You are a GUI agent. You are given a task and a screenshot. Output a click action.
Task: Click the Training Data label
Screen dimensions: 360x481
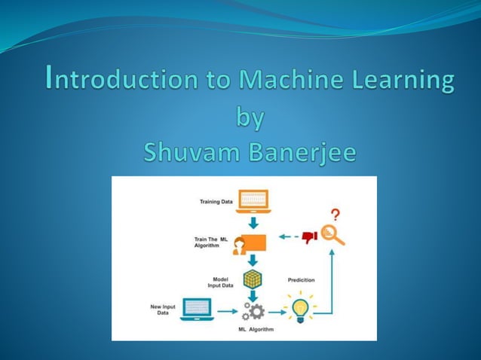click(x=216, y=202)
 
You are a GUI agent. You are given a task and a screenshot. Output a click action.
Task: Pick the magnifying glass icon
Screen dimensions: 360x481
click(x=332, y=235)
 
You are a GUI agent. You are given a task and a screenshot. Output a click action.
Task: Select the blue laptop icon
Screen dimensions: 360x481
click(x=198, y=309)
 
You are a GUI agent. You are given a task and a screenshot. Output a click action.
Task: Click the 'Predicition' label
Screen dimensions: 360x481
click(x=301, y=280)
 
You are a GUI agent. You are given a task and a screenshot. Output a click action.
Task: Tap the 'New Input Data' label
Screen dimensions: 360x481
click(x=163, y=310)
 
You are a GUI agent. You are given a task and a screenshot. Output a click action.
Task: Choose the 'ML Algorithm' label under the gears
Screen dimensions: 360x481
click(x=256, y=330)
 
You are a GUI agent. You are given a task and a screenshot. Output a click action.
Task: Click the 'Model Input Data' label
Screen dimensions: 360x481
click(x=221, y=282)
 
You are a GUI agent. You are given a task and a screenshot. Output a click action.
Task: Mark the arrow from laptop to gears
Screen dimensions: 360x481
click(x=228, y=310)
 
